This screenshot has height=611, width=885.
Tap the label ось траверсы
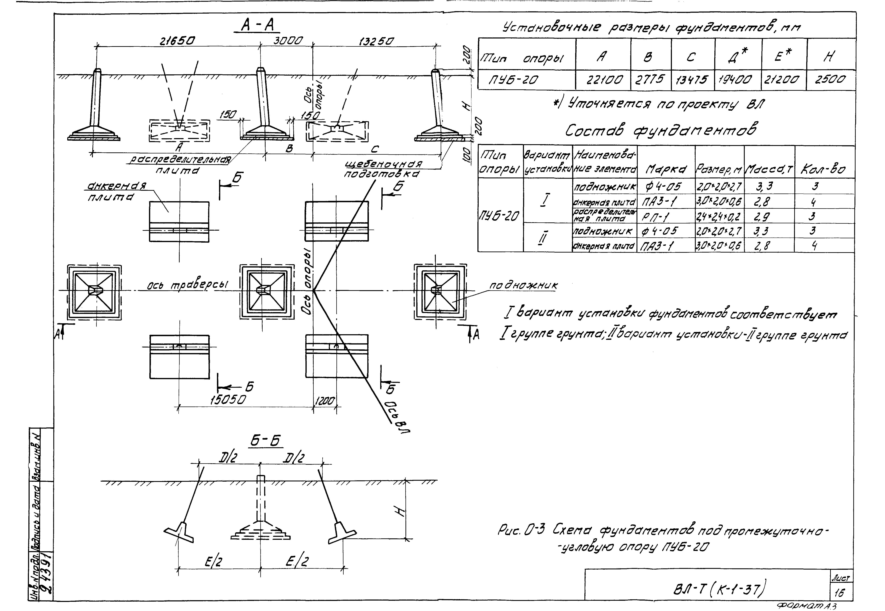(188, 285)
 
